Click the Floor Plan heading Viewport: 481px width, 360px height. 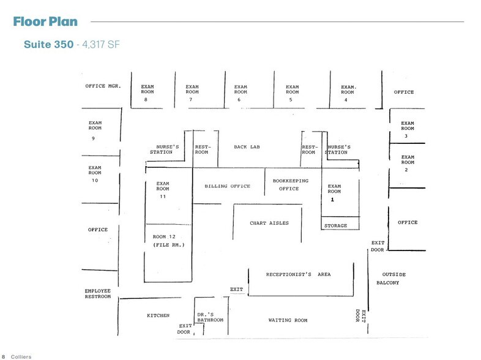45,22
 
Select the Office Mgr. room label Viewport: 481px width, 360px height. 103,86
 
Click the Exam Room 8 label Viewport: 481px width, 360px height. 147,92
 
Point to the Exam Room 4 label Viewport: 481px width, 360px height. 348,92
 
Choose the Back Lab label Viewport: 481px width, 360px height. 247,147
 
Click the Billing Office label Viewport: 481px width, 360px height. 227,186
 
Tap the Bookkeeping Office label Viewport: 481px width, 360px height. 290,184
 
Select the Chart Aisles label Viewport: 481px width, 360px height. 269,223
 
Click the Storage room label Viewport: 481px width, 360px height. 335,225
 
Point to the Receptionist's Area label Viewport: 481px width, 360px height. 298,274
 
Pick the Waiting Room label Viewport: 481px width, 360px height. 288,320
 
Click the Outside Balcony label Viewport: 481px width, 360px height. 393,278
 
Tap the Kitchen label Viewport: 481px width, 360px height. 158,315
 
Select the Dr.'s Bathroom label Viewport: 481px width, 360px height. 210,317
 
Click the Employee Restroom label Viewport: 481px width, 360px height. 98,293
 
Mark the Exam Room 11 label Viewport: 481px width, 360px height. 162,189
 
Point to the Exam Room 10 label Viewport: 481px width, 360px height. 94,173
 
